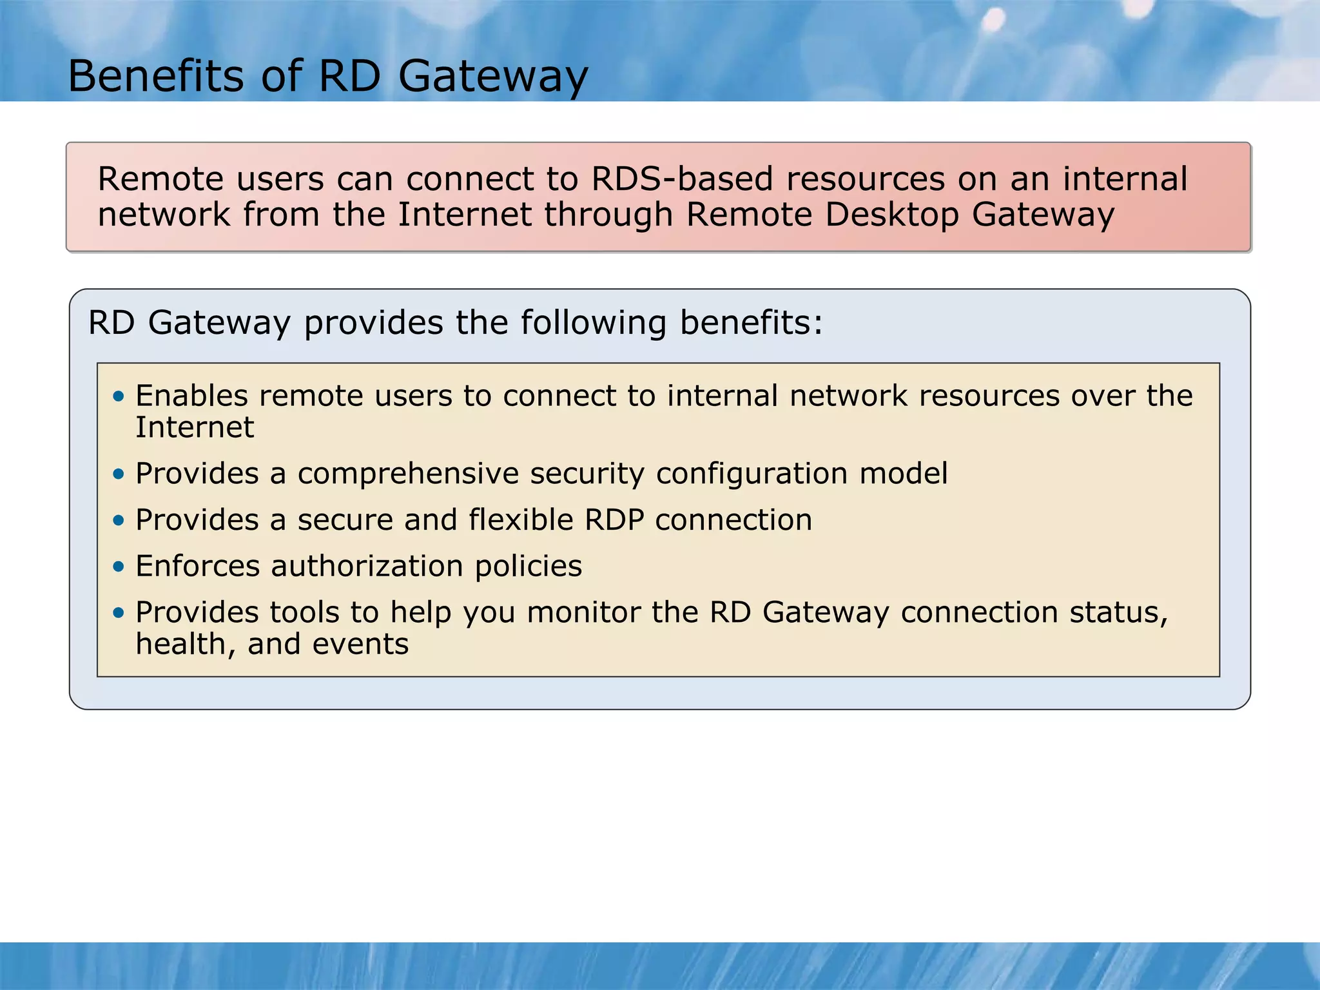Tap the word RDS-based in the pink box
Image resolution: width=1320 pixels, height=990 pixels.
tap(682, 179)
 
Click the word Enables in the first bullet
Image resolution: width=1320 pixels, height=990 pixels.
tap(191, 396)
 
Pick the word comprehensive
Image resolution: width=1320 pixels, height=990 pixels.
tap(408, 474)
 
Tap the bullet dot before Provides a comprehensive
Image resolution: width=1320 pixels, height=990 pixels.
tap(118, 474)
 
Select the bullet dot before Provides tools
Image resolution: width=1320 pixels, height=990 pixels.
tap(118, 613)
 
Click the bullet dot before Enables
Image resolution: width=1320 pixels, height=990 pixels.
tap(118, 396)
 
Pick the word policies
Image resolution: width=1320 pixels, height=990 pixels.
tap(529, 567)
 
